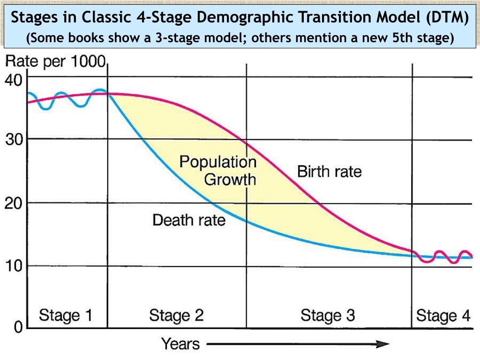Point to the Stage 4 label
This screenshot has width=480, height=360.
click(442, 315)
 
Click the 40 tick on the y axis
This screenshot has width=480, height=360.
click(13, 80)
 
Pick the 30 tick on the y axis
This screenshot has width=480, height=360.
click(13, 140)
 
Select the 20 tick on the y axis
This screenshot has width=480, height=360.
click(13, 203)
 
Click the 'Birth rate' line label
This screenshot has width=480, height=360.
click(330, 172)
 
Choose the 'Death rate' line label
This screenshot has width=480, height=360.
click(189, 219)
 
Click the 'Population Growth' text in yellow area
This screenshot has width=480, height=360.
click(218, 171)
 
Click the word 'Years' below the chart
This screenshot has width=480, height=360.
click(180, 344)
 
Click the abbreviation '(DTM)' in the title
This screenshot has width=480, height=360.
click(447, 18)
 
